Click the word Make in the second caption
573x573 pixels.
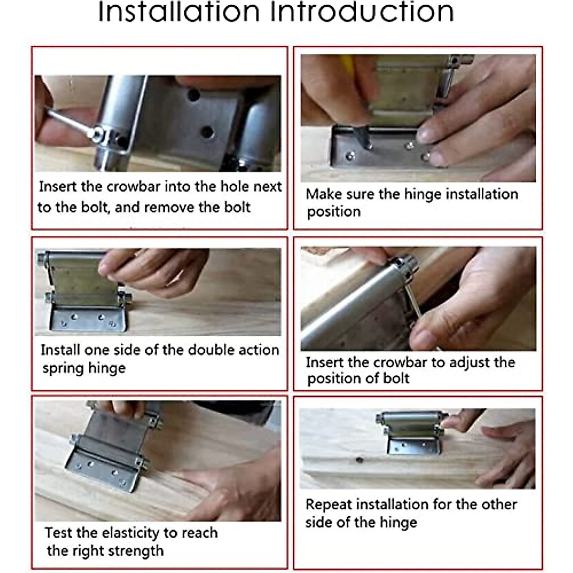(322, 194)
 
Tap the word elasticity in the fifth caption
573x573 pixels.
(130, 533)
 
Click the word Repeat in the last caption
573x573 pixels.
(329, 505)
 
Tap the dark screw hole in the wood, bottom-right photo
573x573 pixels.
(359, 460)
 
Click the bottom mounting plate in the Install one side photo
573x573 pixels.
(88, 319)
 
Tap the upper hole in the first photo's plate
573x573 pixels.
(193, 94)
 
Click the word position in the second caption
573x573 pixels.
(334, 212)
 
